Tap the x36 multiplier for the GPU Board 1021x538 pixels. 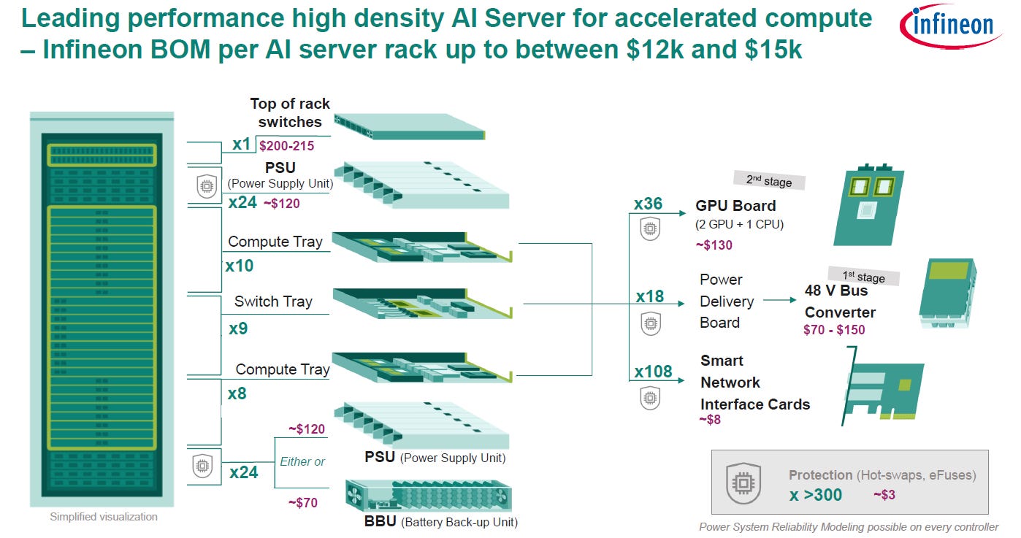(648, 204)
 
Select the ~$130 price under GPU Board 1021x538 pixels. (714, 245)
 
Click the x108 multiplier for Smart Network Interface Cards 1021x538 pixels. (653, 372)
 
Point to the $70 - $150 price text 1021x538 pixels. (833, 329)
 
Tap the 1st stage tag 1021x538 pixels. (863, 277)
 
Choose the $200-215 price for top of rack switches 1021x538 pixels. (287, 145)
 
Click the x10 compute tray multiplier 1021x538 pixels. (239, 266)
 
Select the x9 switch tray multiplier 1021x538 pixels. (238, 328)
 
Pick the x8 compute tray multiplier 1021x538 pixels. (237, 393)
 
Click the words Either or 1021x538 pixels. (302, 461)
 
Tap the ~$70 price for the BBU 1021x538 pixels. (302, 502)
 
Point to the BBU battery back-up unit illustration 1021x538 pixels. (427, 497)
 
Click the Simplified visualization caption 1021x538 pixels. (103, 517)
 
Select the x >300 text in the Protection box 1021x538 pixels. (815, 495)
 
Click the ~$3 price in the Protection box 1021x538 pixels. (885, 495)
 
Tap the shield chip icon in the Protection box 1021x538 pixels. (743, 483)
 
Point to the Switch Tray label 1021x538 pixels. (273, 301)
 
